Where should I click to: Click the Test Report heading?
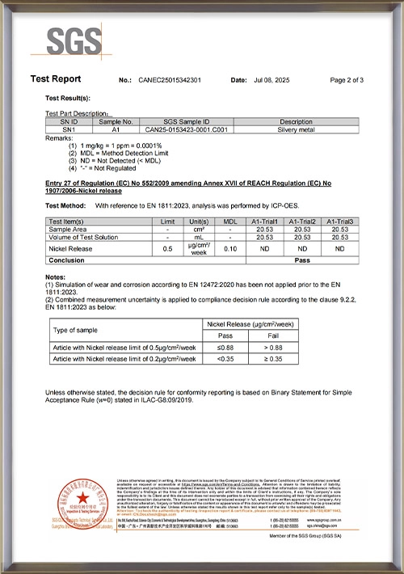pos(55,79)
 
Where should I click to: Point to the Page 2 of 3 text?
pos(347,80)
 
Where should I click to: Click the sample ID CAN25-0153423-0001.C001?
pos(175,128)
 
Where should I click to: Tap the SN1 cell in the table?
pos(69,128)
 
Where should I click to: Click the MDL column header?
pos(230,221)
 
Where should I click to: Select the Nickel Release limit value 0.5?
pos(168,249)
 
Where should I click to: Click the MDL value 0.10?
pos(230,249)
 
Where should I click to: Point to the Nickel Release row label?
pos(74,249)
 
